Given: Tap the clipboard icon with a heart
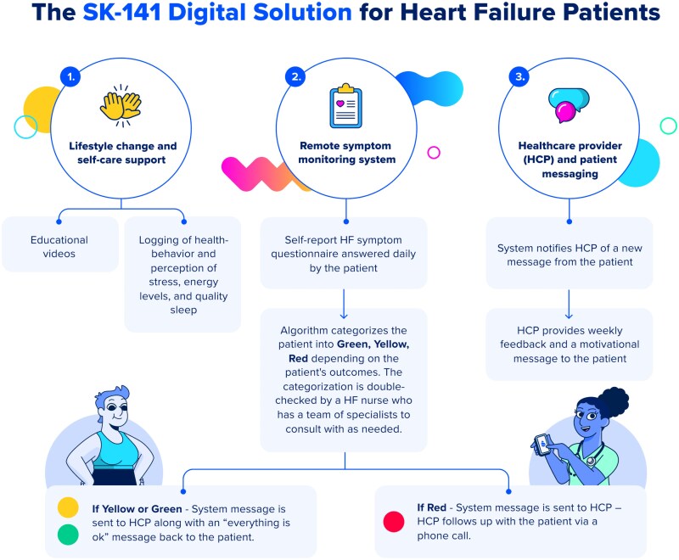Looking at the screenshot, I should [x=346, y=106].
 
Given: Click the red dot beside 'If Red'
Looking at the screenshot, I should [x=393, y=522].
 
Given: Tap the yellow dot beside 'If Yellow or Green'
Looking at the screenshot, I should [x=69, y=507].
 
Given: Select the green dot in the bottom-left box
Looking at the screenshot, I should [x=69, y=536].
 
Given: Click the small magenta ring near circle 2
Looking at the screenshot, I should [x=434, y=153].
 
